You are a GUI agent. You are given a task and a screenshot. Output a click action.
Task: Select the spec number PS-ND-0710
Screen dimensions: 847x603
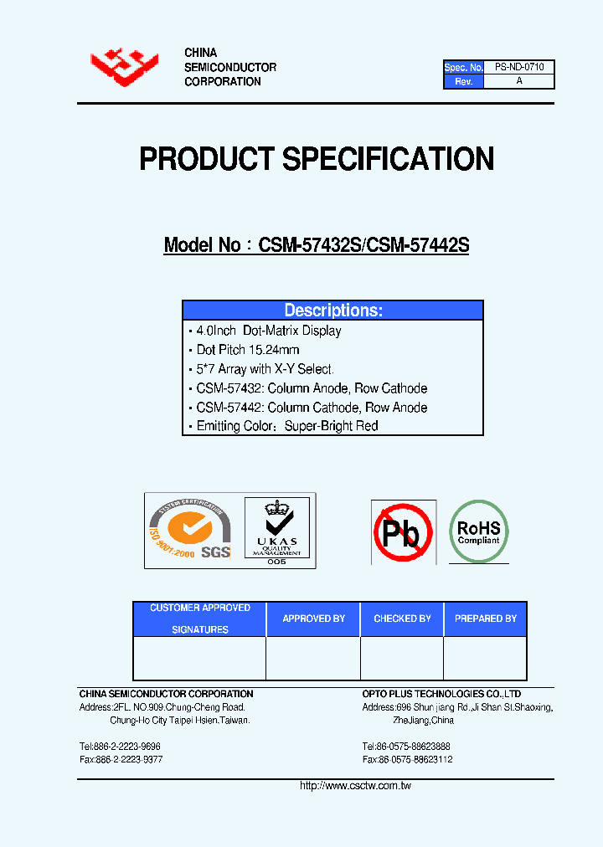click(519, 67)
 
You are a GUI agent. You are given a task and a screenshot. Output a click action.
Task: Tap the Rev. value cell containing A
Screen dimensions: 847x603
click(519, 81)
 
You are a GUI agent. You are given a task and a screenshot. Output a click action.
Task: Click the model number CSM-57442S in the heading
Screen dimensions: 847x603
click(418, 245)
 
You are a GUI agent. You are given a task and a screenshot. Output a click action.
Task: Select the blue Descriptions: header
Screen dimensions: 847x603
click(333, 311)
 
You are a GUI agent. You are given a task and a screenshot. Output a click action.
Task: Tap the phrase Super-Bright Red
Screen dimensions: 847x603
click(332, 426)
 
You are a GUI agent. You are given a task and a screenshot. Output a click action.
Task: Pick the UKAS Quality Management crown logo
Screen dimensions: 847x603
click(276, 531)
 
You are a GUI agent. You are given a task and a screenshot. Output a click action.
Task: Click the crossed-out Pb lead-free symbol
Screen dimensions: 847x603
click(403, 532)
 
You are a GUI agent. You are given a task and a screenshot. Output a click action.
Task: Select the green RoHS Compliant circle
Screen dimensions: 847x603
click(478, 530)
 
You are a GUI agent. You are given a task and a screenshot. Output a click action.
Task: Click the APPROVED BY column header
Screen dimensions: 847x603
click(313, 619)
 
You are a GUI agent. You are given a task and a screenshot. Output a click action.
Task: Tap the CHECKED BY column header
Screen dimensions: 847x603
click(402, 619)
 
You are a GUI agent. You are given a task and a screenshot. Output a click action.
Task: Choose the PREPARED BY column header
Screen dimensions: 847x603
click(485, 619)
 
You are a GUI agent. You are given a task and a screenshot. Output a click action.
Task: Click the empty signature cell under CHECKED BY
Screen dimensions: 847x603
click(402, 658)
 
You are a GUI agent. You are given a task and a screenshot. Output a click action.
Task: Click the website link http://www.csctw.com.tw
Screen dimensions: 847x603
click(355, 786)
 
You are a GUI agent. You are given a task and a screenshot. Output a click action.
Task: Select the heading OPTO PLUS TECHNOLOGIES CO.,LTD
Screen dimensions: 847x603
click(441, 694)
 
